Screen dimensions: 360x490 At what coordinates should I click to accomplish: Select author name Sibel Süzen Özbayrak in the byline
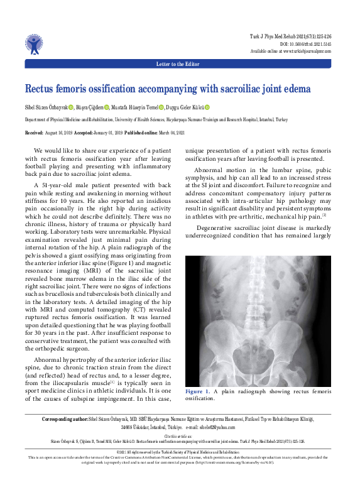coord(46,107)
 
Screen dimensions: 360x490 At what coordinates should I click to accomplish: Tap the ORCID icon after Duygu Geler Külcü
coord(207,107)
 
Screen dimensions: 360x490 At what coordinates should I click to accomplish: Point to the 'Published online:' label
coord(141,133)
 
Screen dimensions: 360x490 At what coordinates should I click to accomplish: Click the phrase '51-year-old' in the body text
coord(58,187)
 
